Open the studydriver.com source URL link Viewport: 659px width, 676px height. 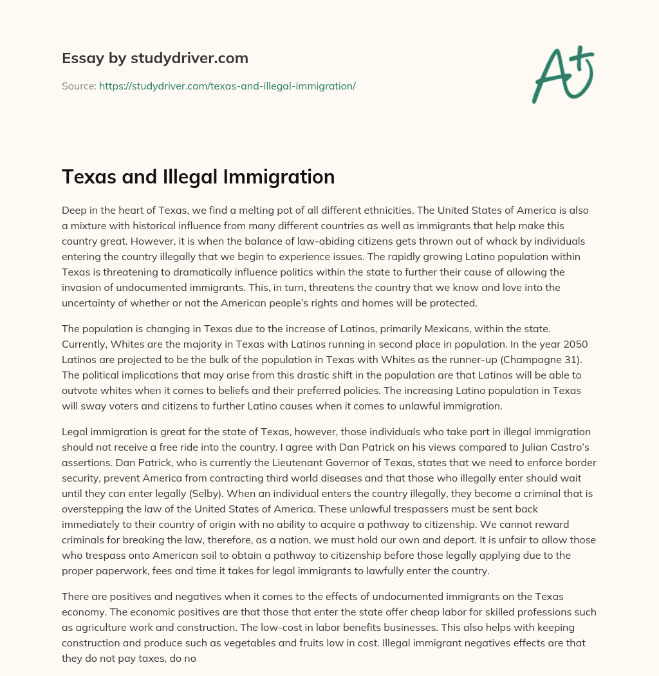(227, 86)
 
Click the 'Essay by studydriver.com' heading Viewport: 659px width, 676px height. (155, 58)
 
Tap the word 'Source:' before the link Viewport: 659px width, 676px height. (79, 86)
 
